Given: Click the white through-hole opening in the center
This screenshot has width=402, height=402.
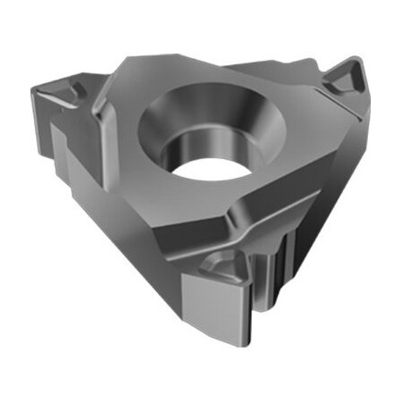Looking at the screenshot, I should [207, 169].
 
